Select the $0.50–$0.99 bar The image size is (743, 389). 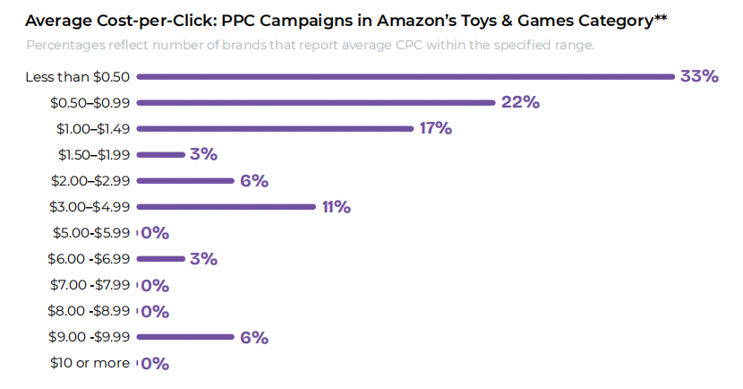[x=316, y=103]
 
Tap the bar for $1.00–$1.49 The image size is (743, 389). [x=275, y=129]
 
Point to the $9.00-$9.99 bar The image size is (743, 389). [x=185, y=338]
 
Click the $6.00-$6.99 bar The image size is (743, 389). [x=160, y=260]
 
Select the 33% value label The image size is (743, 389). [x=699, y=76]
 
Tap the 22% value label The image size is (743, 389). [x=520, y=102]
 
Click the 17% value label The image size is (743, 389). [x=435, y=128]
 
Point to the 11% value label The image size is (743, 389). [x=336, y=207]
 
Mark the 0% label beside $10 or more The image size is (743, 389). [x=155, y=364]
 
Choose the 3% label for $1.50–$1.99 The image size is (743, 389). [x=203, y=154]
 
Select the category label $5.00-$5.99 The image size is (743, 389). [x=89, y=233]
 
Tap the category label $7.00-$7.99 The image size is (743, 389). [x=89, y=286]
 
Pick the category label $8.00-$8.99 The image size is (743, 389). [x=89, y=312]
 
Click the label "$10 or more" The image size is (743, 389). [x=90, y=364]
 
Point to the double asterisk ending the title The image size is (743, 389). [x=661, y=17]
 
